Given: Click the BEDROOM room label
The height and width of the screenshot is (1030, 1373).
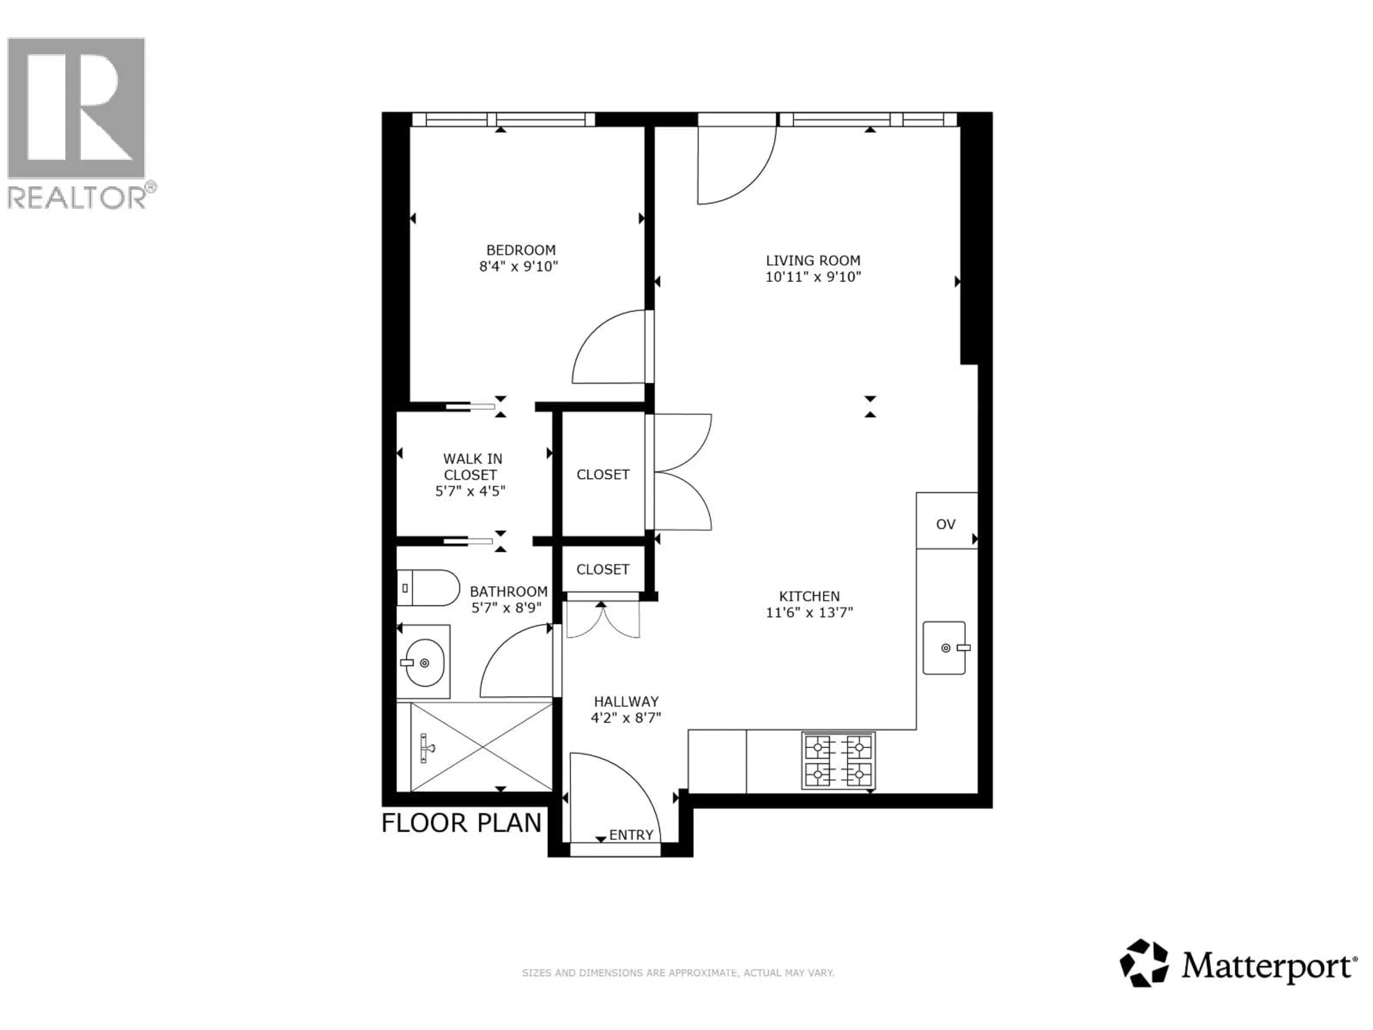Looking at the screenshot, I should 520,250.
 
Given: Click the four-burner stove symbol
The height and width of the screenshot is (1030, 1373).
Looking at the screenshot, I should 838,761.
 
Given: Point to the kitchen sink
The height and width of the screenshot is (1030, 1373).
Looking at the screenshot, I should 944,648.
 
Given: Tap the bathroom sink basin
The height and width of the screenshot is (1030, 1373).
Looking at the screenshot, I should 424,662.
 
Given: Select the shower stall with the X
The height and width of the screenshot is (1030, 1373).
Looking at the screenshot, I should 481,747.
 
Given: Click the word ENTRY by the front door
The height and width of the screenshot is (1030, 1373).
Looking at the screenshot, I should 631,835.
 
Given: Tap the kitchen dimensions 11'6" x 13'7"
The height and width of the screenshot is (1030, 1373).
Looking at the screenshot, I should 809,613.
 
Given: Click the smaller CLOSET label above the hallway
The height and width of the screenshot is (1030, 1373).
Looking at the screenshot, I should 603,569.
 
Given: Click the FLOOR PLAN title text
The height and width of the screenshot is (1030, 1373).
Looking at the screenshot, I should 461,823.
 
